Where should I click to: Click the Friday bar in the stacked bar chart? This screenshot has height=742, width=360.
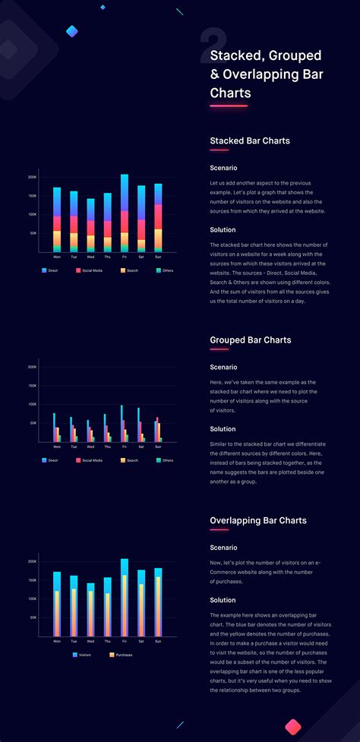124,213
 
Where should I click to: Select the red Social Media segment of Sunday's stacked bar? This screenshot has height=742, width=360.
158,216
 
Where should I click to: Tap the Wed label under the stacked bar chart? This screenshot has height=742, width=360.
90,257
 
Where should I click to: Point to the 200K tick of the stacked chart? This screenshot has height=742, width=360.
32,177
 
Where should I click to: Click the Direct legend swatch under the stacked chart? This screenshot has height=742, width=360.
45,270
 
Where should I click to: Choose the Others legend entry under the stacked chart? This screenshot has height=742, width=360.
163,270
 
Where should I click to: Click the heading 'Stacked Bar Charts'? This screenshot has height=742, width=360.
249,141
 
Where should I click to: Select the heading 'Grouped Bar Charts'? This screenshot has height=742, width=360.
250,339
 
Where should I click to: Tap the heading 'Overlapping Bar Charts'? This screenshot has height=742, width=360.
258,520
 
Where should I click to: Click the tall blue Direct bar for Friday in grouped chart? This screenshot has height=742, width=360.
122,423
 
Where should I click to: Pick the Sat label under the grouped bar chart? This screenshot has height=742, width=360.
141,447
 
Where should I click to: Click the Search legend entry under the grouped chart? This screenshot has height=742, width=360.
128,460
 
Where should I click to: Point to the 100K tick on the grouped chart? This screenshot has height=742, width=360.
32,405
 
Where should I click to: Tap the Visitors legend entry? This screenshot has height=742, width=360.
82,654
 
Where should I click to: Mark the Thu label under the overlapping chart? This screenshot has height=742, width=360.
107,641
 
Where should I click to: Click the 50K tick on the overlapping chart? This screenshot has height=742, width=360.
33,617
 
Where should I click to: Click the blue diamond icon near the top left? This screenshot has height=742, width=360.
72,31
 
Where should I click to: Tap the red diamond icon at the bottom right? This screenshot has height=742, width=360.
293,727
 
